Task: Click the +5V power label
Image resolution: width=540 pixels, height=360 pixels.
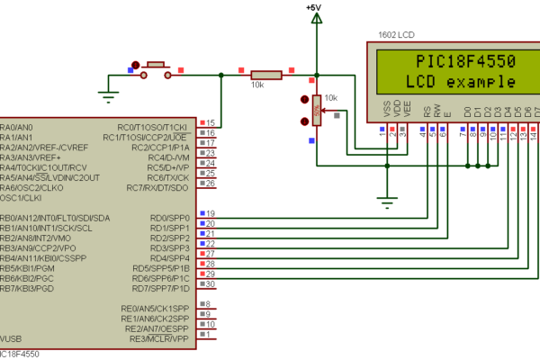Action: pos(314,7)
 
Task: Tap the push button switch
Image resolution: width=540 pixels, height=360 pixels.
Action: pos(157,68)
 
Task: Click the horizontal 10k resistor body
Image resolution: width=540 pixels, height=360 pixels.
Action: pos(265,76)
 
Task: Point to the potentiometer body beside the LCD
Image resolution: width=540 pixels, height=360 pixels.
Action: pos(316,112)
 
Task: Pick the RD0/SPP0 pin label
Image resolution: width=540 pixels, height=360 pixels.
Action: pos(169,218)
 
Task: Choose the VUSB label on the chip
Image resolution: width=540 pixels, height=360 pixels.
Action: pos(11,339)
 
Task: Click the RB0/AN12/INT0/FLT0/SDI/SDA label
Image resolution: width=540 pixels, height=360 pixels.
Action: pos(55,218)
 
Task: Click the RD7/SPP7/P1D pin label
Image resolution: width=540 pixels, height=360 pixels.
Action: pos(160,288)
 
